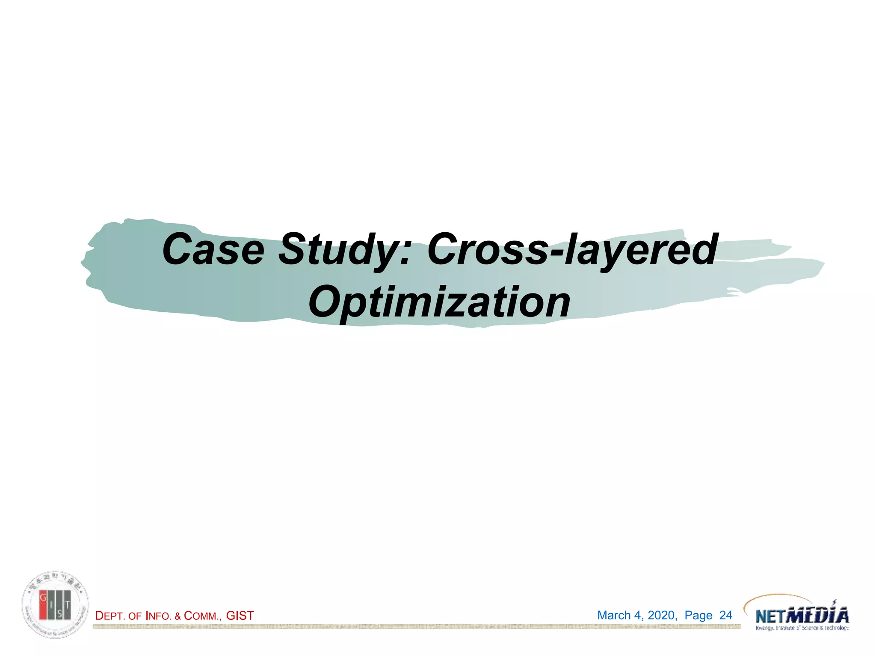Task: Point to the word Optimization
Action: pos(439,302)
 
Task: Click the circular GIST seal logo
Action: pos(56,604)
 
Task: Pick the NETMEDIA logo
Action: pos(802,616)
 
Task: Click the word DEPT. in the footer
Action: pos(110,616)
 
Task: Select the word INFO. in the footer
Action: pos(159,616)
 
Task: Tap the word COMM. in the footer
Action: pos(202,616)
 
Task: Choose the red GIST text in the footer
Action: pos(240,616)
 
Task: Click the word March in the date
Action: pos(614,616)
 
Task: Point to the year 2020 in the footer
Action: pos(662,616)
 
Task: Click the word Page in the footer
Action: pos(698,616)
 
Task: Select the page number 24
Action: pos(726,616)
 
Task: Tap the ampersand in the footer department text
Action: pos(178,616)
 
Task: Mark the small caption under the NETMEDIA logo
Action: pos(802,628)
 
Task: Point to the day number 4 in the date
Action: pos(638,616)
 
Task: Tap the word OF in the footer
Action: pos(135,616)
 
